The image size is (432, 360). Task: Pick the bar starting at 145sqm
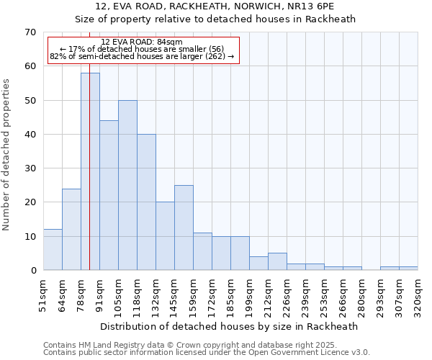click(x=184, y=228)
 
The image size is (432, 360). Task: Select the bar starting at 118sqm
click(x=146, y=202)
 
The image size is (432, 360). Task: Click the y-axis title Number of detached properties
click(x=7, y=154)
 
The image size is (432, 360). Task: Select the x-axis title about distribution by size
click(x=229, y=326)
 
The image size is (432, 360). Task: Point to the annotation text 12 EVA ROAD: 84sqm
click(x=142, y=42)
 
